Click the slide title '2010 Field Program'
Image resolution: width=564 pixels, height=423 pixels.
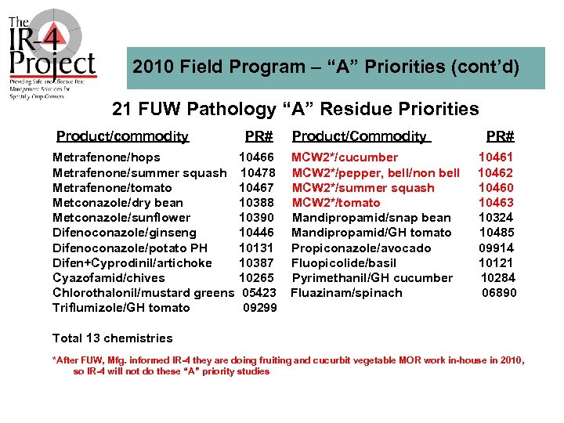tap(326, 67)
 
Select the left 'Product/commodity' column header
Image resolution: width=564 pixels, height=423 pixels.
tap(122, 136)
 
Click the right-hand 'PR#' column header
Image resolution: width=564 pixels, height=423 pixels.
tap(501, 136)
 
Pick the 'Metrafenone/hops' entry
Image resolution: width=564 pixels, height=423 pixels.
tap(106, 157)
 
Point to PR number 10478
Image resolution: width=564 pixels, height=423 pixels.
tap(257, 172)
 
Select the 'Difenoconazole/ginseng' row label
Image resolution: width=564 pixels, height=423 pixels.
tap(124, 233)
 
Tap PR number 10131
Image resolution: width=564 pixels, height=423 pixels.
tap(256, 248)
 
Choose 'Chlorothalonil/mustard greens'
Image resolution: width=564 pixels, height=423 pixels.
tap(143, 293)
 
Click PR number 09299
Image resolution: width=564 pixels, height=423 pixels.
tap(259, 308)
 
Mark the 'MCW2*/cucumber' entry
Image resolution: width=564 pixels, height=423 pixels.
tap(345, 157)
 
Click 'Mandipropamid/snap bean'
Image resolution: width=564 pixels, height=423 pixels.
tap(371, 218)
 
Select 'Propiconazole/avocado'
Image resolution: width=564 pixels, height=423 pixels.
tap(361, 248)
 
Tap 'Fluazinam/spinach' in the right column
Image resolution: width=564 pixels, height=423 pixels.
tap(346, 293)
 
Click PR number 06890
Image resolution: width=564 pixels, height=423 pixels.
tap(498, 293)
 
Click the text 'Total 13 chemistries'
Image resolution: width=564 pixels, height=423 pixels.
tap(112, 338)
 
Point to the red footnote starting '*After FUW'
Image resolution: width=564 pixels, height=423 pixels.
tap(288, 365)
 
